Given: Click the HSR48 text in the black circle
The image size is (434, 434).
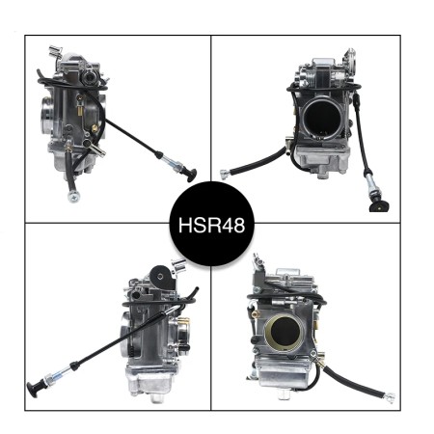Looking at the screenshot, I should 211,229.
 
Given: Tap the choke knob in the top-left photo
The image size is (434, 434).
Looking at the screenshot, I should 190,176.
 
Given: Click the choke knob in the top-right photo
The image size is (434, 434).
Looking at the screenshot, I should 378,204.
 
